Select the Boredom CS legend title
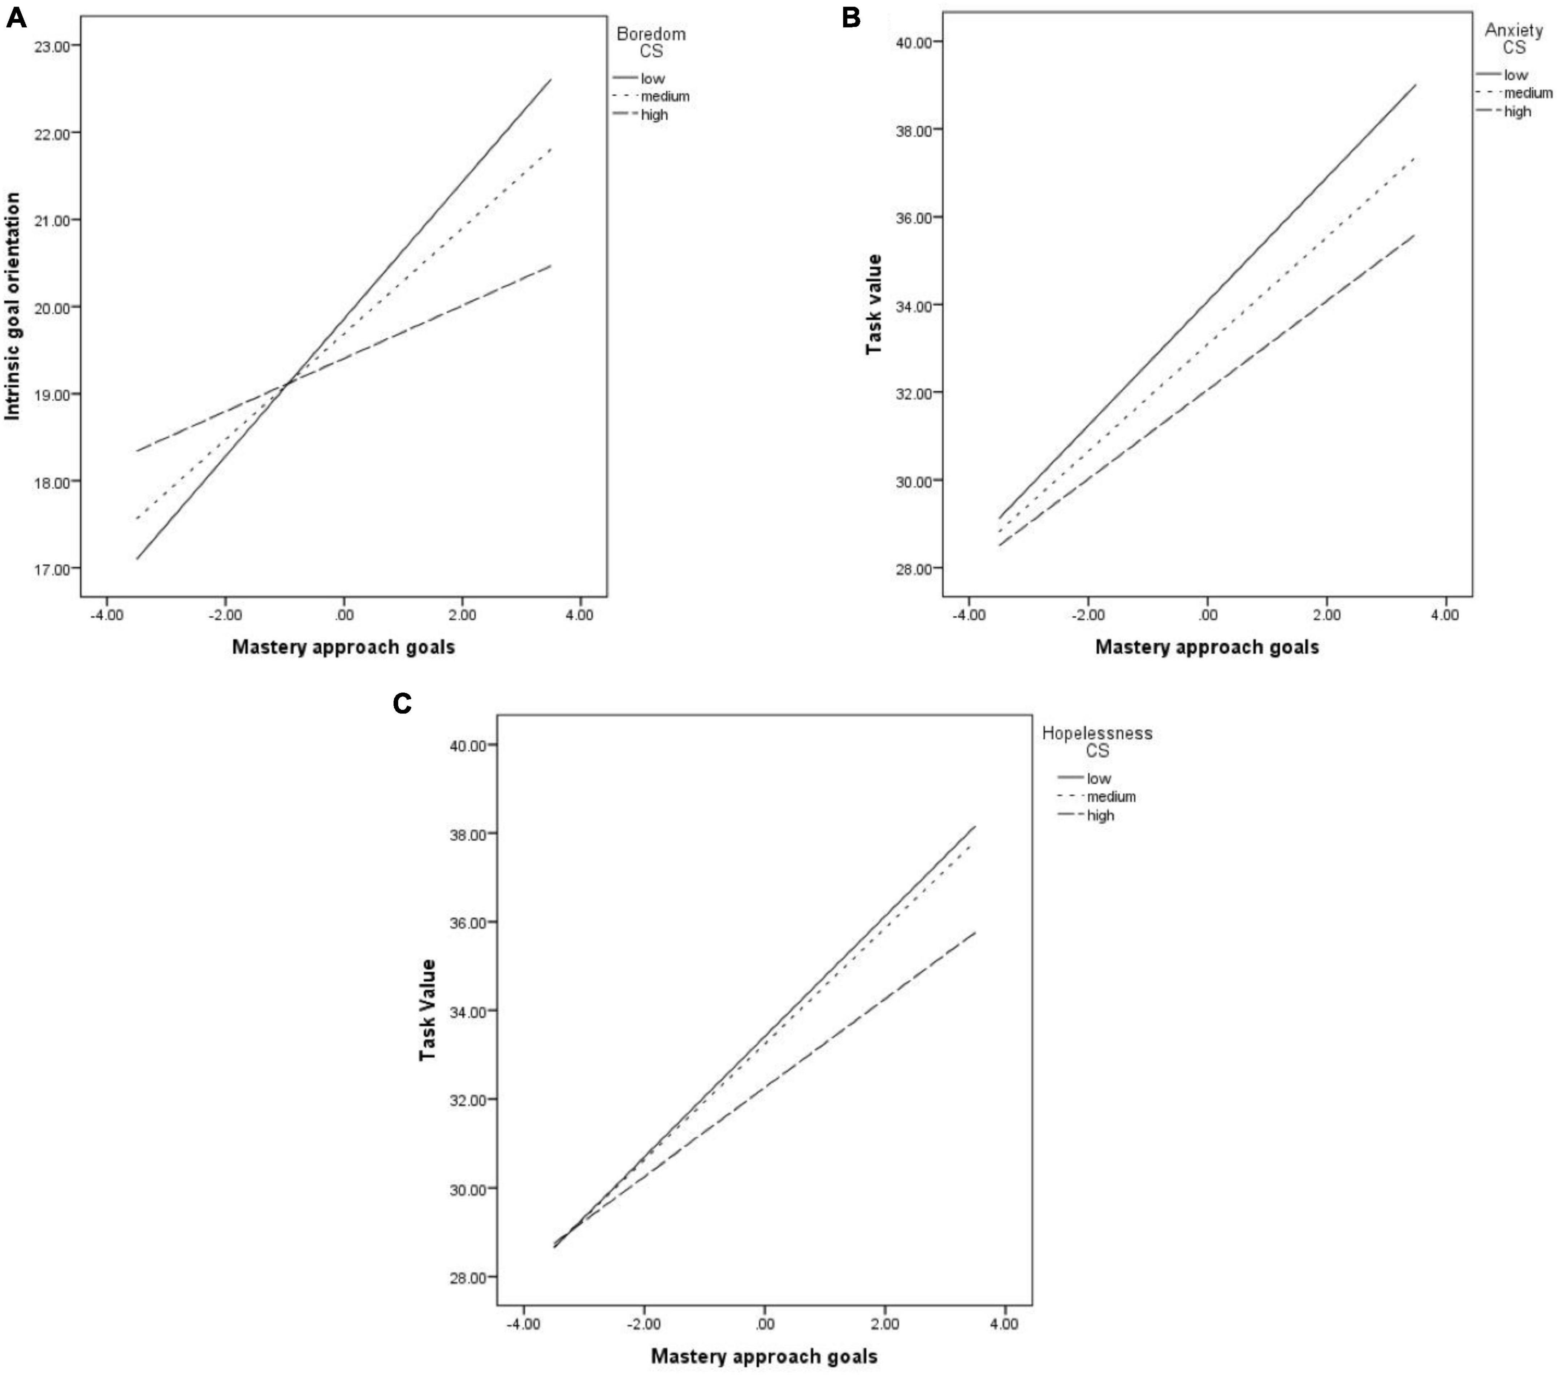pyautogui.click(x=651, y=43)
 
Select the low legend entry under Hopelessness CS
pyautogui.click(x=1098, y=778)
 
